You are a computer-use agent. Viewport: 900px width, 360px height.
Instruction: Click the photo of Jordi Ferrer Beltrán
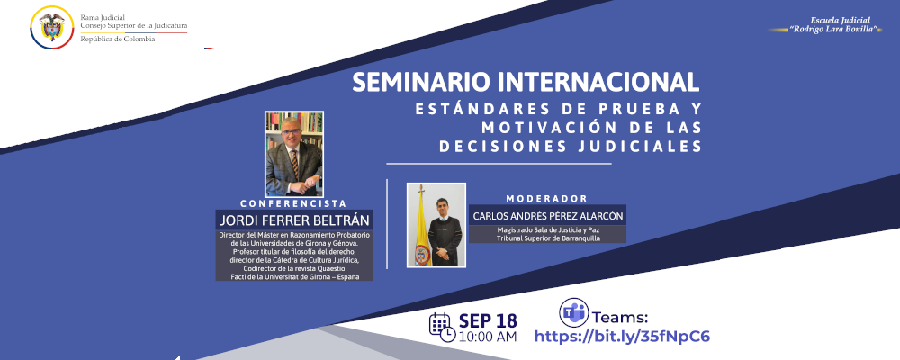tap(293, 154)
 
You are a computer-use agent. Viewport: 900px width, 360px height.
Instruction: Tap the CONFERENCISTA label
tap(293, 203)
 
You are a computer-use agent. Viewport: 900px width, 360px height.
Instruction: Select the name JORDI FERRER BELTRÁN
tap(293, 220)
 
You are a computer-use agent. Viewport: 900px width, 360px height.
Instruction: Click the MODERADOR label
tap(547, 198)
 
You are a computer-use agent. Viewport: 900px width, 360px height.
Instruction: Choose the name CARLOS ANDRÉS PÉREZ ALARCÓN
tap(547, 215)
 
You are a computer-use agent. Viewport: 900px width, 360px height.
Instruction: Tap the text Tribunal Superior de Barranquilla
tap(547, 238)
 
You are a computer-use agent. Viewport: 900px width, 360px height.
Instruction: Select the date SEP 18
tap(488, 319)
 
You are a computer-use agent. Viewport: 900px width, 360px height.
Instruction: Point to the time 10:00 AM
tap(488, 337)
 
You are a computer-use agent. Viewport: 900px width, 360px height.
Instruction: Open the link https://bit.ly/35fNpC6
tap(623, 337)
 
